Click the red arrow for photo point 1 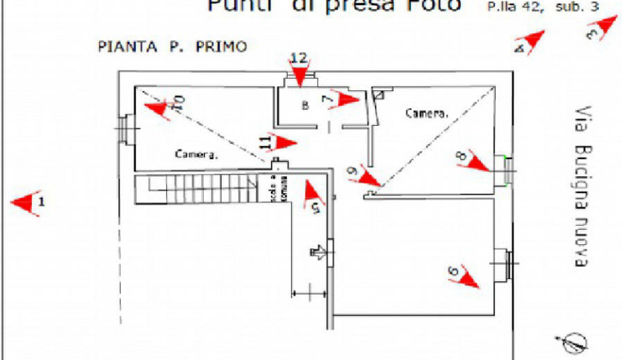coord(26,203)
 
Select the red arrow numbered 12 coord(298,74)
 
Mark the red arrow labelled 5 coord(312,192)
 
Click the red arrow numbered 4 coord(532,40)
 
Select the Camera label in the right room coord(423,113)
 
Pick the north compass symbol coord(576,340)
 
